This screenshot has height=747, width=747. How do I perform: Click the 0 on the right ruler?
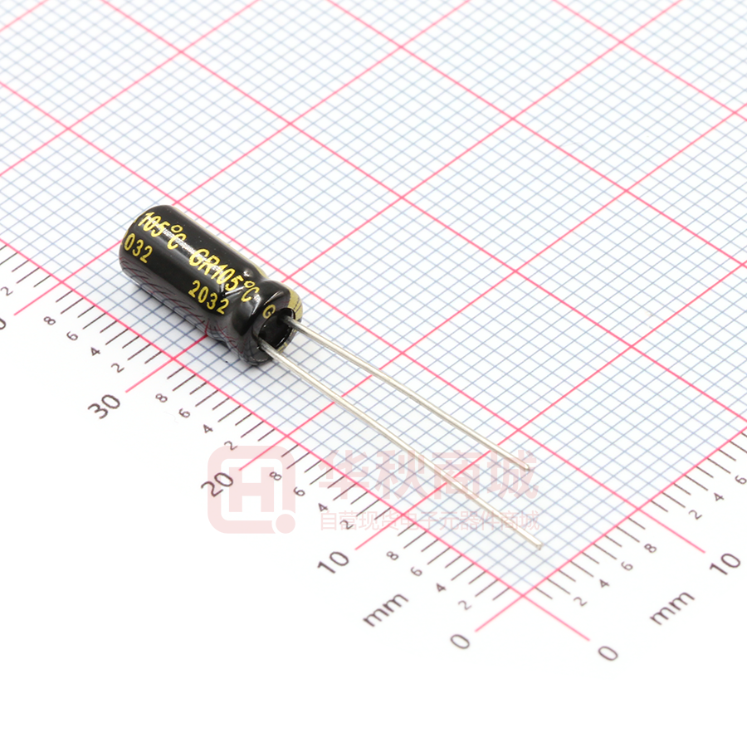pos(608,652)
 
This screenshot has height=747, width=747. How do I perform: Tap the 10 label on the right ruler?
pos(726,563)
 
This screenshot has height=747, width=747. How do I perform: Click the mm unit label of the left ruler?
pos(385,608)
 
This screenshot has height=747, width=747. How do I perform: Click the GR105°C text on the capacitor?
pos(225,271)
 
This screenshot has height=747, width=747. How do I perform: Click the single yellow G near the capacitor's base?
pos(268,313)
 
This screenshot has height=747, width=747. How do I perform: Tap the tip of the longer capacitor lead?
pos(539,545)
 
